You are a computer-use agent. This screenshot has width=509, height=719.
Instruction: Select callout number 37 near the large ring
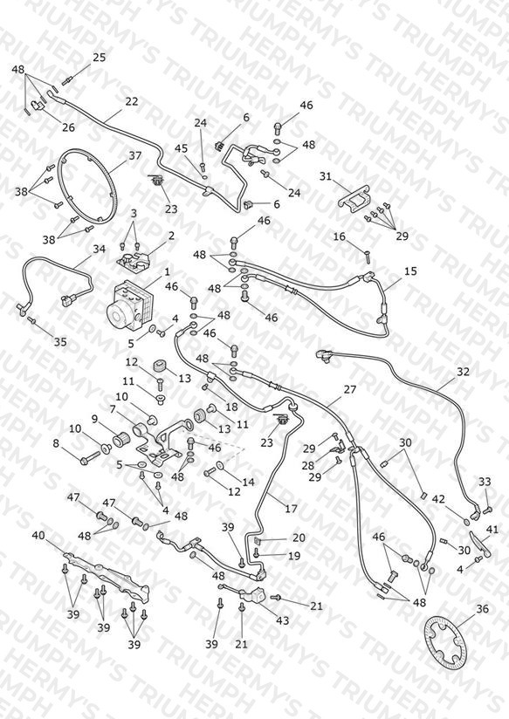[135, 156]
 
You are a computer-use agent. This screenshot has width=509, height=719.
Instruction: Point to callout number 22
[132, 101]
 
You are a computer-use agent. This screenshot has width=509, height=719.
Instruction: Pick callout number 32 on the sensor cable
[463, 372]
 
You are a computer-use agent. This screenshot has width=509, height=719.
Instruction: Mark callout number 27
[350, 390]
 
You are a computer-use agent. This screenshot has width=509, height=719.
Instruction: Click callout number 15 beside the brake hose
[411, 271]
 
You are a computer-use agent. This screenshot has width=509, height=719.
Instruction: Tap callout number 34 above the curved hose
[100, 249]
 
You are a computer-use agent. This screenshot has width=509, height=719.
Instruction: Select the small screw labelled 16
[367, 257]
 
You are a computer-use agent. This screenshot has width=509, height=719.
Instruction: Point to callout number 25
[100, 58]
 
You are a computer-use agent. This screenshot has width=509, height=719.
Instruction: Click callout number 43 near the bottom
[282, 620]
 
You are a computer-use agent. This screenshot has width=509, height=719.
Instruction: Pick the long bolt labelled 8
[90, 457]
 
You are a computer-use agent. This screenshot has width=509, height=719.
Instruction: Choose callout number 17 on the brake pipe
[291, 509]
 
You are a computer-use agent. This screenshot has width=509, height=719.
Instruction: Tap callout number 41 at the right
[492, 530]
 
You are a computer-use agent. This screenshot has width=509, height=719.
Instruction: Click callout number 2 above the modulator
[171, 236]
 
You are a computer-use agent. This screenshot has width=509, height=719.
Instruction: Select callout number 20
[299, 538]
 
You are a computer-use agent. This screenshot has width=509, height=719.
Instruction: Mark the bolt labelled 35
[31, 319]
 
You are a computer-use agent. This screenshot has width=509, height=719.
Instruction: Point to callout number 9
[94, 418]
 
